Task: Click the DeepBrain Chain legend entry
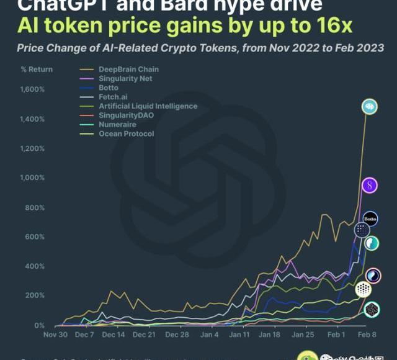pos(128,70)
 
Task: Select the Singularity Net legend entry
pos(125,79)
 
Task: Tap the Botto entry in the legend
pos(109,88)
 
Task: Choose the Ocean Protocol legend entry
pos(126,133)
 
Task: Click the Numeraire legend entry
pos(117,124)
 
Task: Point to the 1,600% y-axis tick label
pos(32,89)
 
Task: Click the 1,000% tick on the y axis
pos(32,178)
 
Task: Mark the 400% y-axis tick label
pos(35,267)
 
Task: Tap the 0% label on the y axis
pos(39,326)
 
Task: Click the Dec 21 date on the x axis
pos(143,335)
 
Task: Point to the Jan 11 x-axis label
pos(239,335)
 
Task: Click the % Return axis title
pos(36,69)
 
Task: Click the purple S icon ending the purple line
pos(370,185)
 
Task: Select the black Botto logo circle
pos(370,219)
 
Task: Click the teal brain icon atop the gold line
pos(370,106)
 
